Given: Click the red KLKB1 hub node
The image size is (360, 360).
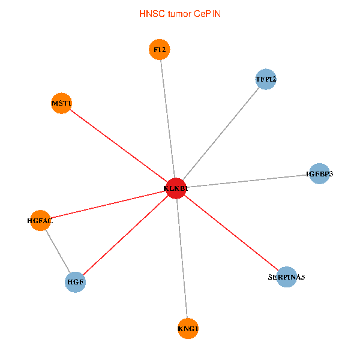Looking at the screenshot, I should (176, 188).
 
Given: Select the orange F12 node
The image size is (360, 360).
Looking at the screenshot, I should (160, 50).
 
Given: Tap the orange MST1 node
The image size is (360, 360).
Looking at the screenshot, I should (62, 104).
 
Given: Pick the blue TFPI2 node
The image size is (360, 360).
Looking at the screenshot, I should (265, 79).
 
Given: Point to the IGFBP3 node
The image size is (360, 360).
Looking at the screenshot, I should (319, 174).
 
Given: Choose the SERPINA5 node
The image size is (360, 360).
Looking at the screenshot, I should (287, 277).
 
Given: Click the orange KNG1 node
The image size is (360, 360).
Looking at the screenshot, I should (188, 328).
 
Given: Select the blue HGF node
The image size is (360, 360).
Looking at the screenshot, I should (76, 281).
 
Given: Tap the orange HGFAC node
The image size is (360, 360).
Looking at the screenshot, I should (40, 221).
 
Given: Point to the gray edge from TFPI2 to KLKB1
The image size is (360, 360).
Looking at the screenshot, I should (220, 134).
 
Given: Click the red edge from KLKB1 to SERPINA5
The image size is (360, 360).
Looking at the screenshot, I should (231, 233).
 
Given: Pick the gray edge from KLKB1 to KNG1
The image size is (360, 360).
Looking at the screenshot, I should (182, 258).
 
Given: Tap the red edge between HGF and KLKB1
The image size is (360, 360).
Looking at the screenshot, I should (126, 235).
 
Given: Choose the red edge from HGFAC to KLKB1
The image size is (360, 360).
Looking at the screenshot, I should (108, 205).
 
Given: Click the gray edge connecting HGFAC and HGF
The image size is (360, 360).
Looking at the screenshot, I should (58, 251).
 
